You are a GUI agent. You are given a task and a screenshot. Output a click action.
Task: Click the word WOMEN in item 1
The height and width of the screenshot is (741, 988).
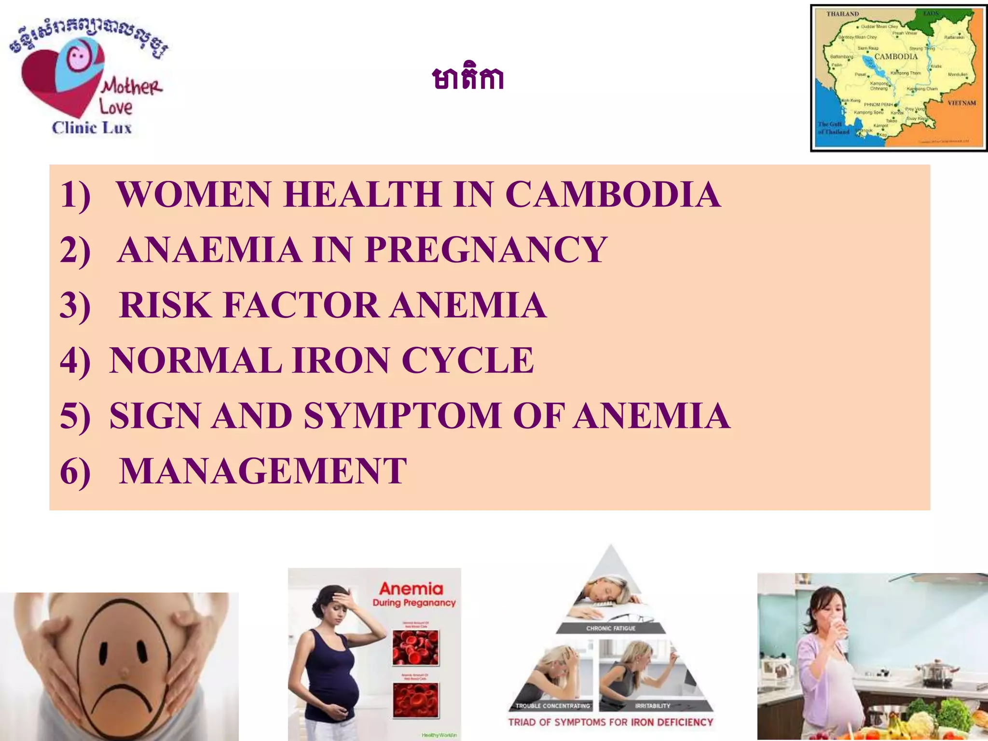193,194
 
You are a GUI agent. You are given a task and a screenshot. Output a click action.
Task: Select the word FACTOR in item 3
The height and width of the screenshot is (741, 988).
302,305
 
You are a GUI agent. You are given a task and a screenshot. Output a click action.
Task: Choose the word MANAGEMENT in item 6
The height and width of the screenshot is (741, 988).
263,471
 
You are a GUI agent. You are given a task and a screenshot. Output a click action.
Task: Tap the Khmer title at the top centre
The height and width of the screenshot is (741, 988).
468,79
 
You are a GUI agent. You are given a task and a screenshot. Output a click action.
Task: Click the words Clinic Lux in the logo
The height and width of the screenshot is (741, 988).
92,128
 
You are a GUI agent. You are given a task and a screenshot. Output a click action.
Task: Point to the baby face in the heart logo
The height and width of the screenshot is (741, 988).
77,57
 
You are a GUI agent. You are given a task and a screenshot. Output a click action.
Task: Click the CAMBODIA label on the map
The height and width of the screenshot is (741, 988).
896,56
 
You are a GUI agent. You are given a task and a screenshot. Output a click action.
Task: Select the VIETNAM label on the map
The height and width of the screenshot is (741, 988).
961,103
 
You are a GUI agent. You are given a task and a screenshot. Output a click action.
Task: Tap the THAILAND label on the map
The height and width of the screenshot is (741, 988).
842,14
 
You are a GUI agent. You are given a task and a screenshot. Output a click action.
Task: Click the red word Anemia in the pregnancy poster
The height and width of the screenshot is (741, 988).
411,589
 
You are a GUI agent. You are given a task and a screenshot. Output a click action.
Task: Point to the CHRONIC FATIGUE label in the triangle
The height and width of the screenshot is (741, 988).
611,628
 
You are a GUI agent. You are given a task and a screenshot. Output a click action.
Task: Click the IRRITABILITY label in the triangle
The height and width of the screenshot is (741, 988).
653,706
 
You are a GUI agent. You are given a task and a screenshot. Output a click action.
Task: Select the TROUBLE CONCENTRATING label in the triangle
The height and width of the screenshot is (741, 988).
552,706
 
